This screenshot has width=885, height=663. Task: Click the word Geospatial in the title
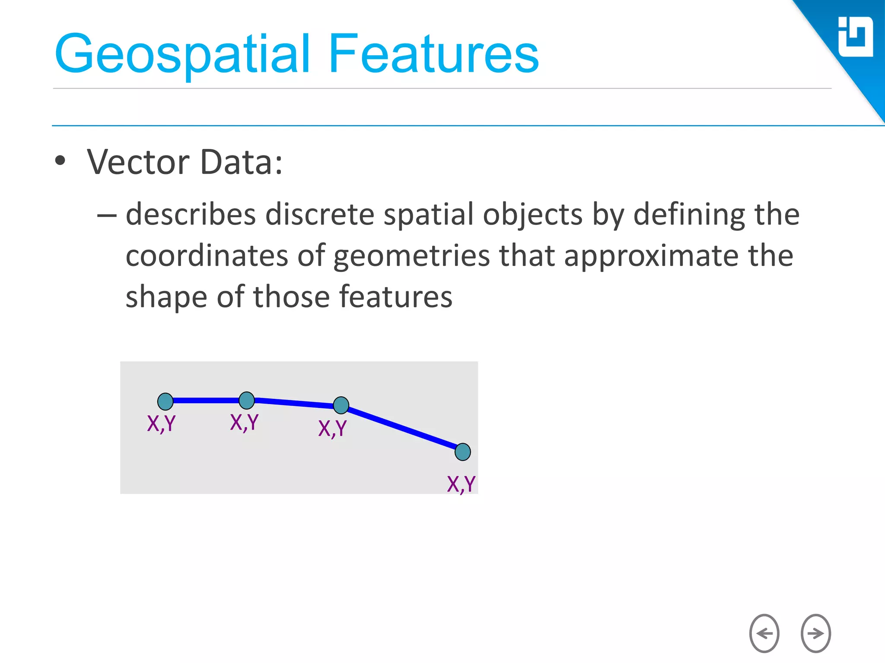click(x=181, y=54)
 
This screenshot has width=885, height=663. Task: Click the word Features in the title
click(x=433, y=54)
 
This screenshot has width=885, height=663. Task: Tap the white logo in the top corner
click(x=855, y=37)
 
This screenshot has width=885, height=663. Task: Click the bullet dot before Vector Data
click(x=60, y=161)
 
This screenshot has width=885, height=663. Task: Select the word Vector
click(x=138, y=162)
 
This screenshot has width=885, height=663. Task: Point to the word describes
click(x=191, y=214)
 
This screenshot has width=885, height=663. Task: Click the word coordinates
click(x=207, y=256)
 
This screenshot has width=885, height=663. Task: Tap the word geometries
click(x=411, y=256)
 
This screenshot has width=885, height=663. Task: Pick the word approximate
click(x=651, y=256)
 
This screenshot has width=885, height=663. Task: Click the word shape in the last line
click(x=166, y=297)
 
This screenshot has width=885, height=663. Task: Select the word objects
click(x=532, y=214)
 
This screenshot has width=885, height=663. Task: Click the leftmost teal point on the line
click(x=166, y=401)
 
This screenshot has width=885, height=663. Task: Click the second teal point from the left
click(x=247, y=400)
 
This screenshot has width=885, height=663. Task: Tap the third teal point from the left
click(x=341, y=405)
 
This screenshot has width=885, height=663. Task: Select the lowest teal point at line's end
click(x=462, y=452)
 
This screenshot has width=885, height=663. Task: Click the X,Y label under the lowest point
click(x=461, y=484)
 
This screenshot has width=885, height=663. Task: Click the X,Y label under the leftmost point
click(x=161, y=423)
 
